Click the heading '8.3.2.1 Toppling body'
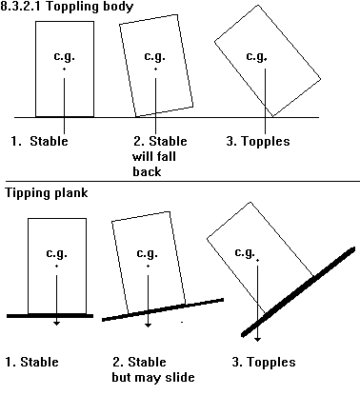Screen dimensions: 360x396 67,7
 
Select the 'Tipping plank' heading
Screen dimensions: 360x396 47,193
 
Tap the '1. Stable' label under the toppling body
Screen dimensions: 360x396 39,141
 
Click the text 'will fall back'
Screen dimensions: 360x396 154,164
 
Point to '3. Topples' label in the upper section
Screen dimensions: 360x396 258,141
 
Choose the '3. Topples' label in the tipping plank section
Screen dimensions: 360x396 264,362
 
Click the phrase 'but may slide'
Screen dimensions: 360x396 153,377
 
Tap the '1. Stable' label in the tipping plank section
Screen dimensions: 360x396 32,362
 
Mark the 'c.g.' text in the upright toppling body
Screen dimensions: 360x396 64,56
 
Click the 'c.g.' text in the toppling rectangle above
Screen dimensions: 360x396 256,56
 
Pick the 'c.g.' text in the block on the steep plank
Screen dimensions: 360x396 245,252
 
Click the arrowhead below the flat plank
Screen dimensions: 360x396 56,323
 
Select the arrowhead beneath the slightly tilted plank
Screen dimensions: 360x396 148,325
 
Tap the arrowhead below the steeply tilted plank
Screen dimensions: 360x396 257,339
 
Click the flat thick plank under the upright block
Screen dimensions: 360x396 50,316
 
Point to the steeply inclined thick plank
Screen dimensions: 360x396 298,291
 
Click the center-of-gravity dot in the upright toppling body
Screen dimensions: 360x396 64,69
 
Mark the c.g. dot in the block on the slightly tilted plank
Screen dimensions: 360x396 148,266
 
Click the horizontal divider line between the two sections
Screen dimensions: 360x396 180,182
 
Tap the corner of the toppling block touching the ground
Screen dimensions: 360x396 272,117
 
